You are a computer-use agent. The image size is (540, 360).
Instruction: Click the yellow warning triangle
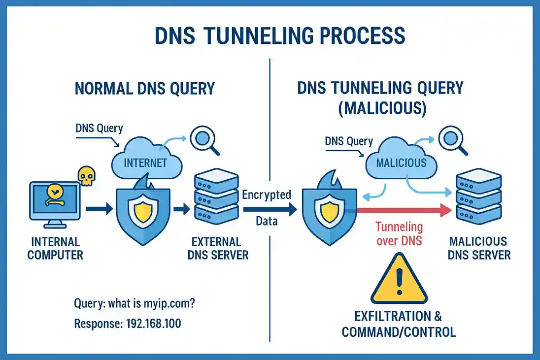click(x=400, y=280)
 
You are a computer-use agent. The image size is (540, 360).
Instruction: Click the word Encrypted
click(x=267, y=195)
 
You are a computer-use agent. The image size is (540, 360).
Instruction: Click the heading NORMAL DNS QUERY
click(x=144, y=89)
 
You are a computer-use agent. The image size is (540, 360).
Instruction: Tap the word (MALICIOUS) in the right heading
click(x=380, y=108)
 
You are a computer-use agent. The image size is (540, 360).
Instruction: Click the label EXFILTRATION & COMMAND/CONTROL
click(x=399, y=323)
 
